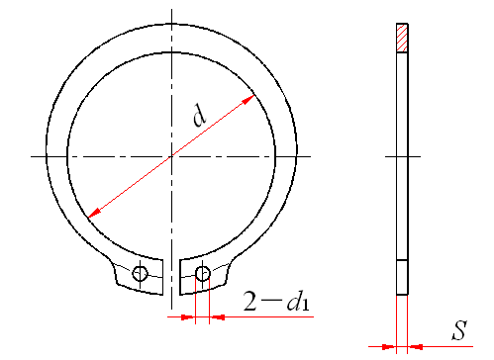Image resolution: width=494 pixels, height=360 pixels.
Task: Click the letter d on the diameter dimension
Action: pos(200,115)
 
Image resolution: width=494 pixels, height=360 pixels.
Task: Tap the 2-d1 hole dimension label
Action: pos(276,301)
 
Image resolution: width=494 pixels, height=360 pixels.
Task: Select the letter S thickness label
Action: pos(459,330)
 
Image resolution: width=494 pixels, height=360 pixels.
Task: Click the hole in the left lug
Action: pos(140,273)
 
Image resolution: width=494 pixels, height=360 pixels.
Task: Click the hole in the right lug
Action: pos(203,273)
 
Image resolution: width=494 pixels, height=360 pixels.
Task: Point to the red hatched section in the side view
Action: pos(402,38)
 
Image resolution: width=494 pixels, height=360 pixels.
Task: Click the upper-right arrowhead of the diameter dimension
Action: pos(248,99)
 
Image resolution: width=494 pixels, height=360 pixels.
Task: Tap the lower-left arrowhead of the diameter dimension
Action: pos(94,213)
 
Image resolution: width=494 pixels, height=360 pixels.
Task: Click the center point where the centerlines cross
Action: pos(171,156)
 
